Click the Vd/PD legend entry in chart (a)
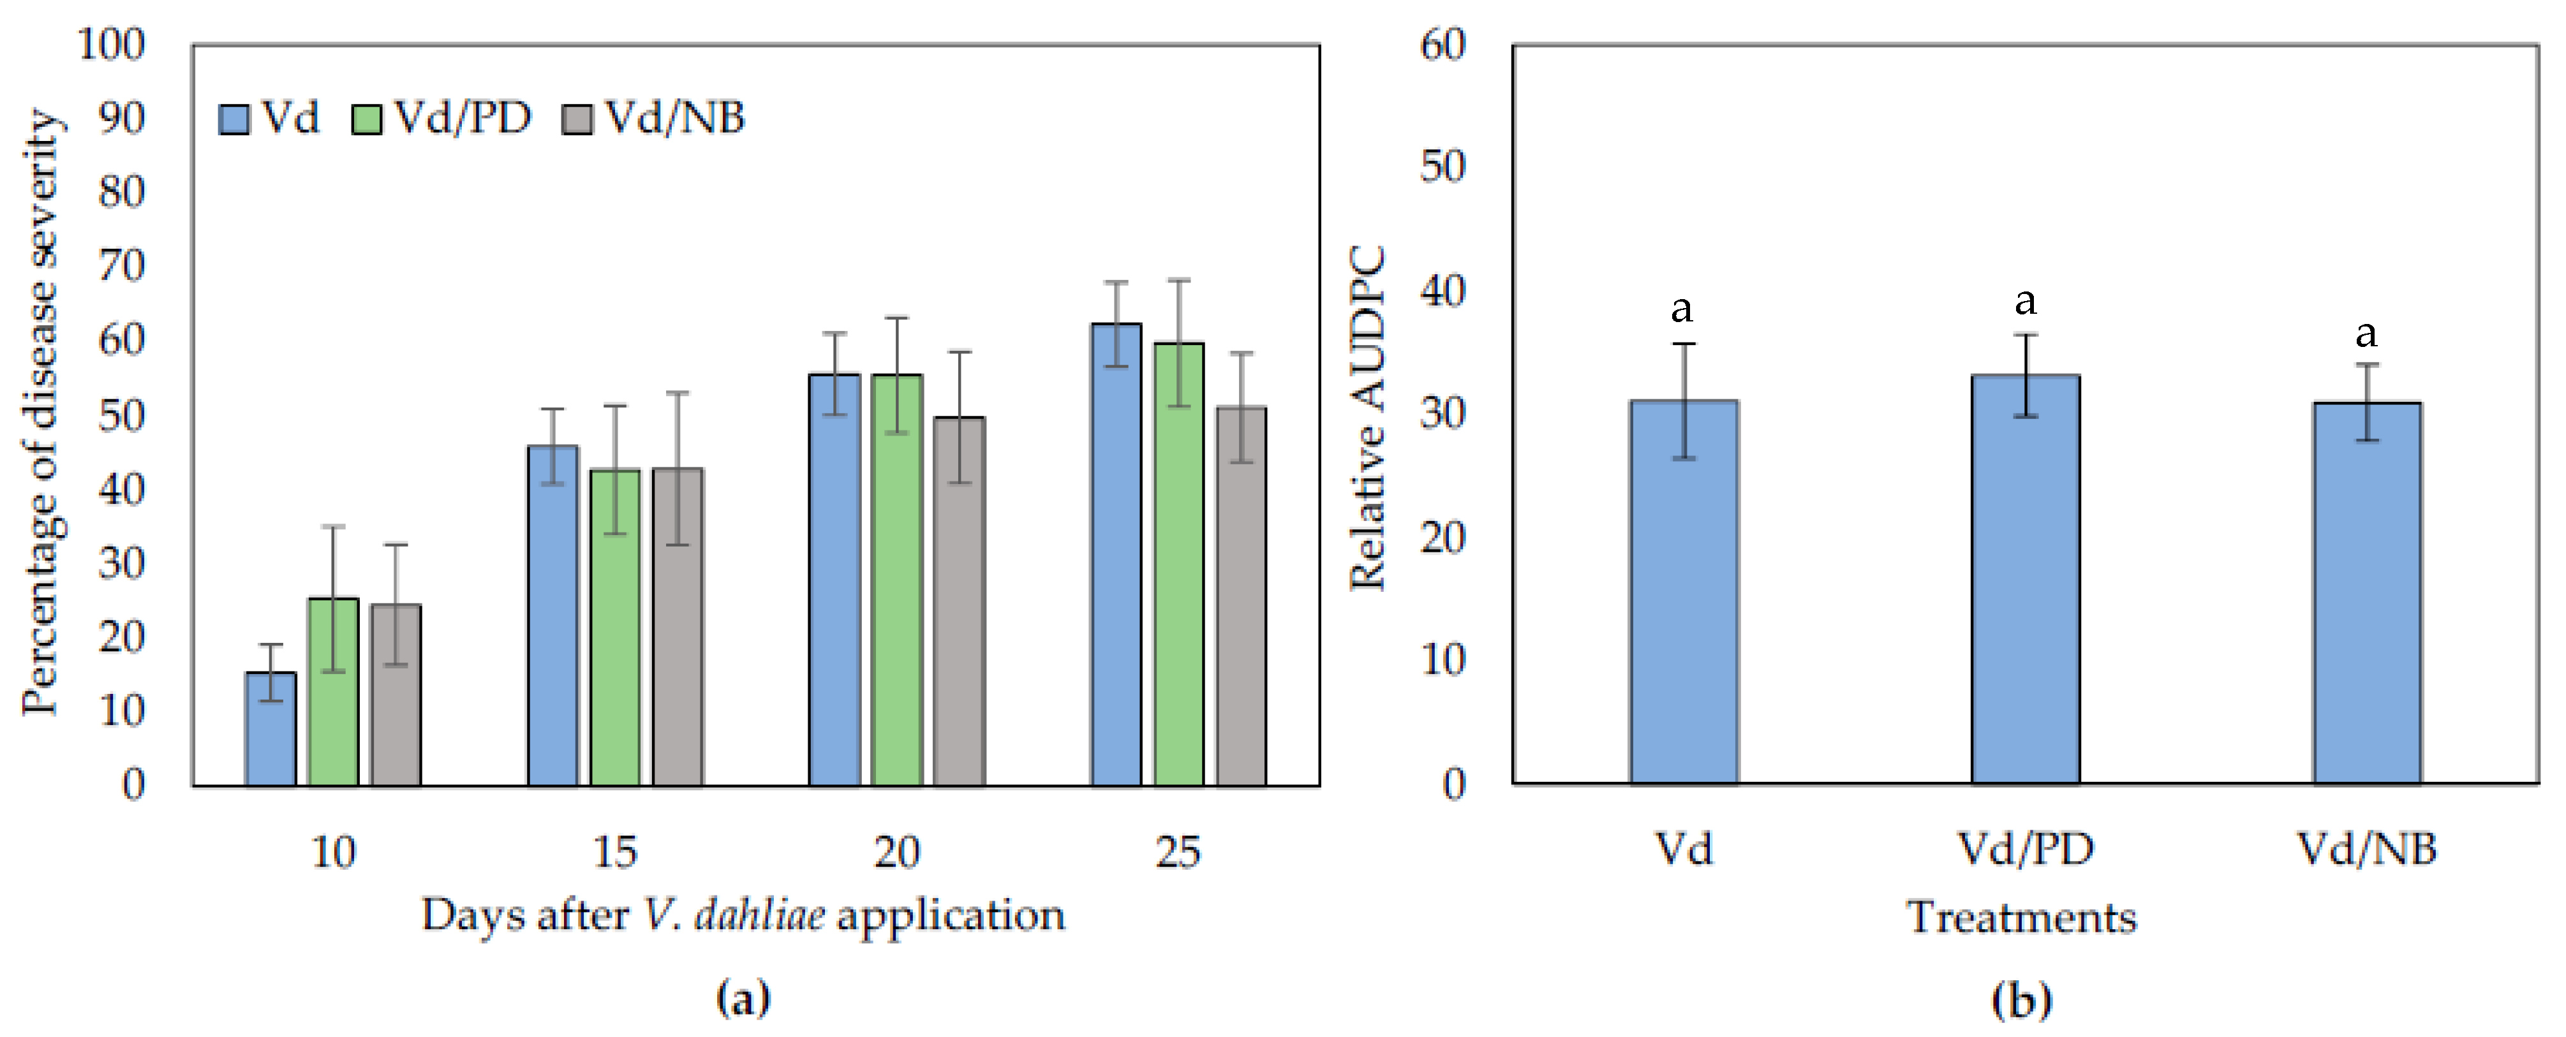click(443, 119)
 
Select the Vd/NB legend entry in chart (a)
click(655, 119)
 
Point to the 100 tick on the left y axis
click(112, 44)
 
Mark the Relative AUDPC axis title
click(1368, 418)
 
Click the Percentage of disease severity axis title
click(42, 413)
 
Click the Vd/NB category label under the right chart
click(2367, 849)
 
